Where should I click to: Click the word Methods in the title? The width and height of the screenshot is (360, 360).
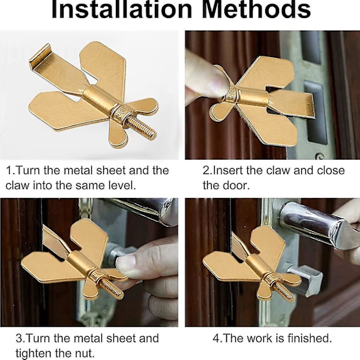257,10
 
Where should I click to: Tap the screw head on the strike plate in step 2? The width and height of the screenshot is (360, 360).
320,156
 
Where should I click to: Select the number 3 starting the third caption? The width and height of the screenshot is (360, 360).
19,338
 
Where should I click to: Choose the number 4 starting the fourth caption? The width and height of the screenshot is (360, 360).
216,338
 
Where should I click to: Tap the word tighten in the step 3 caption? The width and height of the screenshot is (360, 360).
33,353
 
